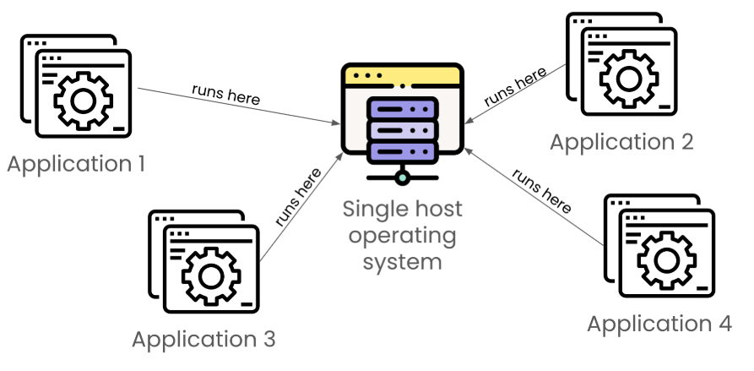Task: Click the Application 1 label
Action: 76,161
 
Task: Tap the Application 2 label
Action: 621,141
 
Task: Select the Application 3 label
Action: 203,340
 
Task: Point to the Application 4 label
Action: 659,324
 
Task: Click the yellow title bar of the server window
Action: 403,75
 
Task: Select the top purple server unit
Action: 403,110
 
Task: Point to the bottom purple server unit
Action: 403,152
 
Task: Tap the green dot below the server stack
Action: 403,177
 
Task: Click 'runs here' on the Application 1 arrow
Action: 225,94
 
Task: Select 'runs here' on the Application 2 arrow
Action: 516,87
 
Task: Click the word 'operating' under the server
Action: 403,234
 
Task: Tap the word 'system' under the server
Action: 403,260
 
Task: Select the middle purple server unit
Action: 403,131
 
